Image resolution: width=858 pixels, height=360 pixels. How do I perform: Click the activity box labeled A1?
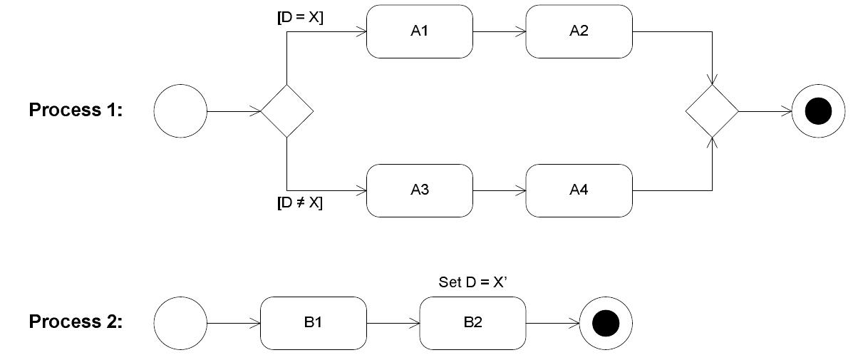(419, 31)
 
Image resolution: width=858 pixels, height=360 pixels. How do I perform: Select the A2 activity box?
(579, 31)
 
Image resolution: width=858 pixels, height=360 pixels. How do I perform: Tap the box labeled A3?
(419, 190)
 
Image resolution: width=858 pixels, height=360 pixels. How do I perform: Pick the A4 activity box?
(579, 190)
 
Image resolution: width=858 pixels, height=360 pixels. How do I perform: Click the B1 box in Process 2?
(313, 323)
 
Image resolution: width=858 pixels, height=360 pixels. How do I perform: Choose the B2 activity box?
(472, 323)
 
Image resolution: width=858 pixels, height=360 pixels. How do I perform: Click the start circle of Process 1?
(180, 110)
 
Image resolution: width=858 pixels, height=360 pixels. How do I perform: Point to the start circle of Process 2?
(180, 323)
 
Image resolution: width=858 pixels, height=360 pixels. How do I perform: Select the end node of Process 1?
(818, 110)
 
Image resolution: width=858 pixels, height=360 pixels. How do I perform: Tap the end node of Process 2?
(606, 323)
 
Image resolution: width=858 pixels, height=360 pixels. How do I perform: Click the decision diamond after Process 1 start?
(286, 110)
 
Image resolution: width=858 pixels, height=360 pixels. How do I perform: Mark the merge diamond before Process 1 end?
(712, 110)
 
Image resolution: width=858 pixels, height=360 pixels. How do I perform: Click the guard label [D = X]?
(300, 18)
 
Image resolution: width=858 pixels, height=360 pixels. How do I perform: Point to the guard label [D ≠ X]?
(300, 203)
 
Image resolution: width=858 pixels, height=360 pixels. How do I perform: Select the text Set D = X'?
(472, 282)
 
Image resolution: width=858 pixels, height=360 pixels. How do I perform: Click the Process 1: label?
(76, 110)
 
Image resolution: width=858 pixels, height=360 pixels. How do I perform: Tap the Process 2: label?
(76, 322)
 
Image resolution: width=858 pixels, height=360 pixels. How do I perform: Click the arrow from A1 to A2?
(499, 31)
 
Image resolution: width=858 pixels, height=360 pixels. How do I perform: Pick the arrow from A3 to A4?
(499, 190)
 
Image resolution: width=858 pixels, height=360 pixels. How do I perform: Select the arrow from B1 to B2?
(393, 323)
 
